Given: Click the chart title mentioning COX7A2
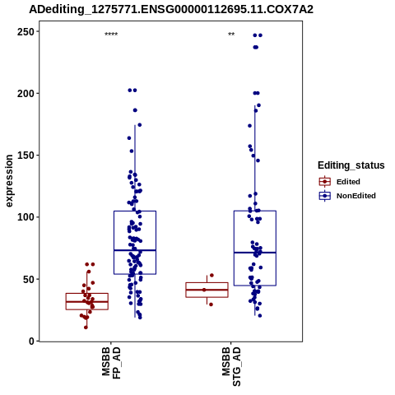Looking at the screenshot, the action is (171, 10).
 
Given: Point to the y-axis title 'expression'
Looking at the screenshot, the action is (9, 181).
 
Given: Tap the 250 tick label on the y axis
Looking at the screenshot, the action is (26, 32).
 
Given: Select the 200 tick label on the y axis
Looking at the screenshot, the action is (26, 94).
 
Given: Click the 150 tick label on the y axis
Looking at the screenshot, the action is (26, 156).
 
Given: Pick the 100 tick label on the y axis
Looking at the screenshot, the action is (26, 217).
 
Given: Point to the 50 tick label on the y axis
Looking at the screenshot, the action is (29, 279).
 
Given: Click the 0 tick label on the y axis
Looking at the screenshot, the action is (32, 342).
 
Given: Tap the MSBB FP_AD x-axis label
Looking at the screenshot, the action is (111, 363).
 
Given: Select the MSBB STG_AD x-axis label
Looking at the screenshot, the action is (231, 366).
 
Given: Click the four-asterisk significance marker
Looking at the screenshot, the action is (111, 35).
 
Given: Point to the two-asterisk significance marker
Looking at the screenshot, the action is (231, 35).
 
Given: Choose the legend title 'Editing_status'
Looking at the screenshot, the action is (351, 165).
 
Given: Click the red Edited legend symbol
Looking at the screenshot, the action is (325, 182).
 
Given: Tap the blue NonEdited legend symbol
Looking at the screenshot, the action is (325, 196).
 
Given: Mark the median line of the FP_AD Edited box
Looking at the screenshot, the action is (87, 302).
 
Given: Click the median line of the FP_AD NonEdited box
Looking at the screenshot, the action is (135, 250).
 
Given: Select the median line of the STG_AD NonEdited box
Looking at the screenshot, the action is (255, 253).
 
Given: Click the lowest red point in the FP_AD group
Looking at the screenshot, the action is (86, 328).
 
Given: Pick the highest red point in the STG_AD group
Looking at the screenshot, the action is (211, 275).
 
